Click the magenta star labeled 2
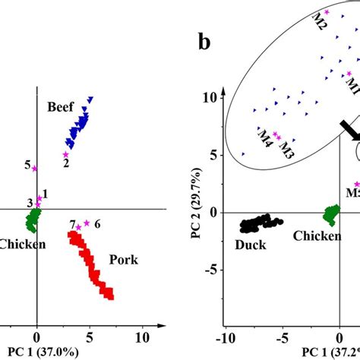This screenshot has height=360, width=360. tap(66, 154)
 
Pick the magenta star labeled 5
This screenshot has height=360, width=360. tap(35, 168)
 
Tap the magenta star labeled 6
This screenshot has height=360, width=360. tap(87, 223)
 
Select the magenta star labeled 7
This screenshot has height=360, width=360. tap(78, 226)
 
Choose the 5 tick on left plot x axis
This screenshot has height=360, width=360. tap(89, 335)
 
